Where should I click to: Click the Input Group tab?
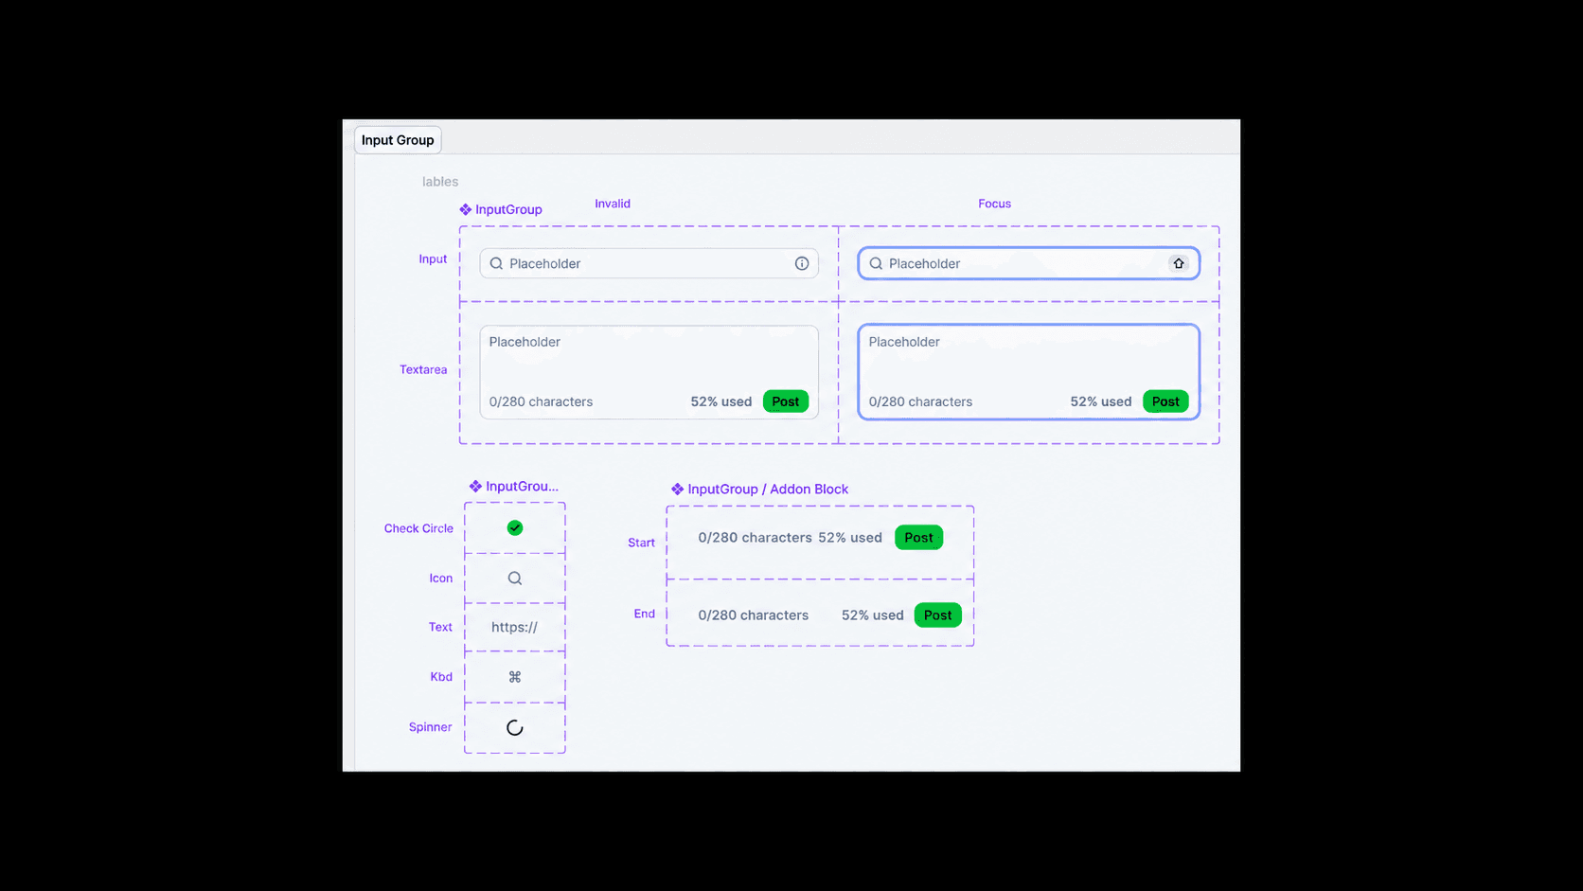(x=398, y=140)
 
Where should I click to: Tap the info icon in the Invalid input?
(x=801, y=263)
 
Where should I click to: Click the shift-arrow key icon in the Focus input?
(x=1178, y=263)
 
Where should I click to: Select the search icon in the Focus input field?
(x=876, y=263)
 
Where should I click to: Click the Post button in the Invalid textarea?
(x=785, y=401)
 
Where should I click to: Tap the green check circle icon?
(x=514, y=527)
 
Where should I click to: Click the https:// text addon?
(x=514, y=627)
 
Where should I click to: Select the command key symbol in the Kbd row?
(x=514, y=677)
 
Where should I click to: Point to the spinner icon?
(x=514, y=727)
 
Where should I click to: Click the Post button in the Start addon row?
(x=918, y=537)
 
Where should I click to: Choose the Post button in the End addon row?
(x=938, y=615)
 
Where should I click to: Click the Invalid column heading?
(x=612, y=204)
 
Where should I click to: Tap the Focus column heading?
(x=994, y=204)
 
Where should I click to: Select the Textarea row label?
(x=422, y=369)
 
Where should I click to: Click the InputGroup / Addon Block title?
(x=768, y=489)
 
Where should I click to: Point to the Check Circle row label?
(x=418, y=528)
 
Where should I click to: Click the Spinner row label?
(x=430, y=727)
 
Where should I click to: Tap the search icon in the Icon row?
(x=514, y=578)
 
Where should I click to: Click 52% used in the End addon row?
(x=872, y=615)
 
